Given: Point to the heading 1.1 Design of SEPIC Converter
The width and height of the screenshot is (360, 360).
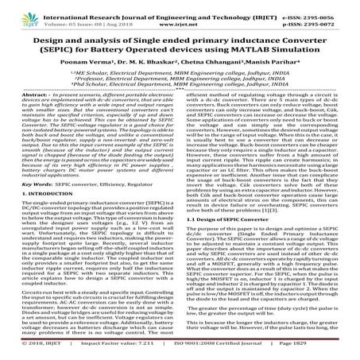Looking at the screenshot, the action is coord(230,217).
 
